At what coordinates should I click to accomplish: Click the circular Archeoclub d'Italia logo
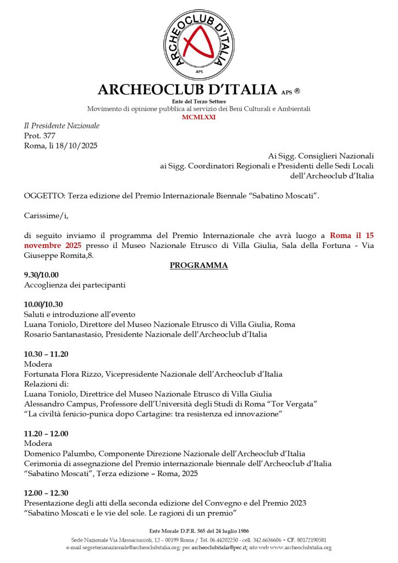199,44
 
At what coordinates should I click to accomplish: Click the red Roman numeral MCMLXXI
199,117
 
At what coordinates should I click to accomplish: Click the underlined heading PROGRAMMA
198,266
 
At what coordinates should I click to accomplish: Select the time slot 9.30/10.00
41,275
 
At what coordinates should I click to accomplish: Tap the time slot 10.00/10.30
43,305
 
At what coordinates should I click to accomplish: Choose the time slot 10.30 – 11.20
46,354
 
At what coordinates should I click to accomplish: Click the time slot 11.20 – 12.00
46,434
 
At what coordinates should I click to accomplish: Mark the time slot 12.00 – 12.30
46,493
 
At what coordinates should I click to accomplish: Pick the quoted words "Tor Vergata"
297,404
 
